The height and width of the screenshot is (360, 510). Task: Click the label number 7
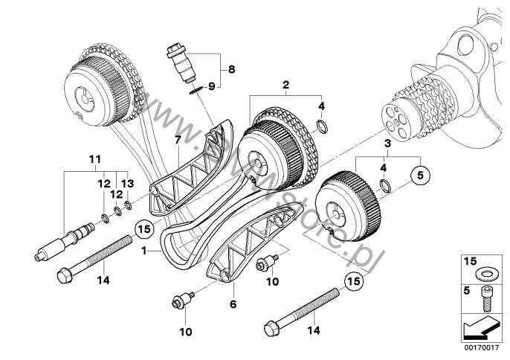[178, 139]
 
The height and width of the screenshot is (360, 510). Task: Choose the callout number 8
[231, 70]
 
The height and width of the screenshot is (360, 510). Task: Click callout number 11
[94, 159]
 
